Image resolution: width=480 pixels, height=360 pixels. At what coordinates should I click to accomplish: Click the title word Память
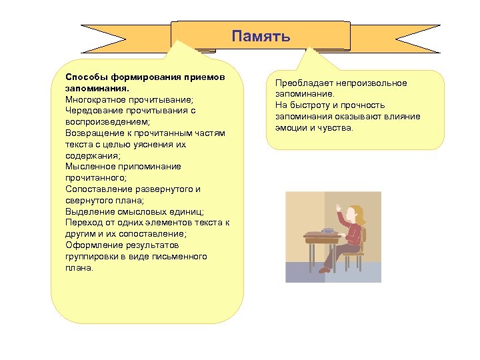(261, 36)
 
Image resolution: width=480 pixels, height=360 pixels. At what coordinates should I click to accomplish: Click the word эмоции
(292, 127)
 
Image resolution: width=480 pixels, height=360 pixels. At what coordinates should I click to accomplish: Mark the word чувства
(338, 127)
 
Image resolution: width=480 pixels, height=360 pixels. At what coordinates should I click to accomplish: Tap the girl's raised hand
(339, 209)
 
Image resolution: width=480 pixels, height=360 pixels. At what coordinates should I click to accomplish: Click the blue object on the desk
(327, 231)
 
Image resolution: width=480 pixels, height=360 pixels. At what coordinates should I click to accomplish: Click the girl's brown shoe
(325, 270)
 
